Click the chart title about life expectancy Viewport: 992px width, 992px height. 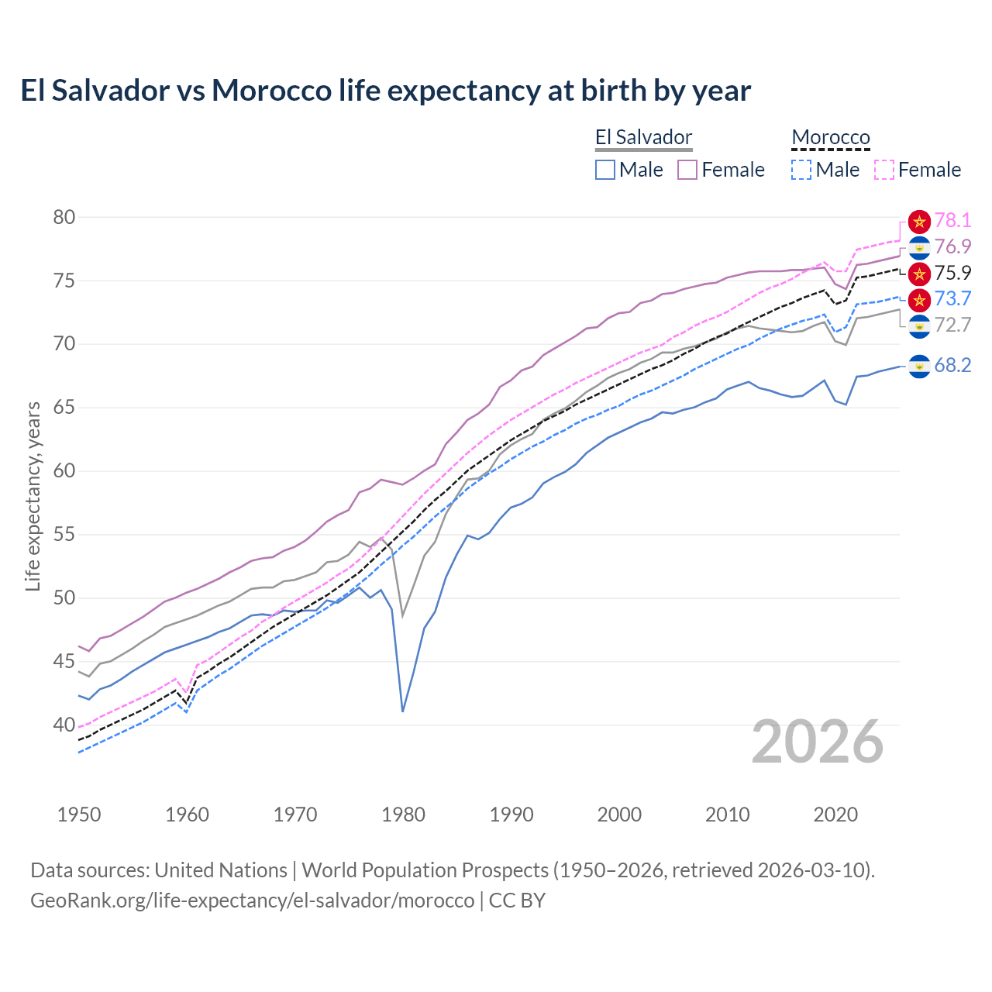coord(385,91)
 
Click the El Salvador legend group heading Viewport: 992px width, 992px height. coord(643,138)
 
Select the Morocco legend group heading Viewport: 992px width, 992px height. coord(831,138)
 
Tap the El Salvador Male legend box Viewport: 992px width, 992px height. coord(605,170)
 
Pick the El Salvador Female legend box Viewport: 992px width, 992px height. coord(687,170)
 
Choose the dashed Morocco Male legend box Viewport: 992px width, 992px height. coord(801,170)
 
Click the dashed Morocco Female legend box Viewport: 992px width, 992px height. coord(884,170)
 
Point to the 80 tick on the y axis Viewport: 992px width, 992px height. coord(64,218)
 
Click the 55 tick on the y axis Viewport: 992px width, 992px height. coord(64,535)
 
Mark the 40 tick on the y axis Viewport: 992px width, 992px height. coord(64,725)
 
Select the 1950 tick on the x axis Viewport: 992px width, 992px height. coord(79,815)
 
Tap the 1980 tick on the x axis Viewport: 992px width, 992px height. coord(403,815)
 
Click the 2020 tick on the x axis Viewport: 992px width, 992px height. coord(835,815)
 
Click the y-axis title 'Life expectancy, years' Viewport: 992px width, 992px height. coord(33,496)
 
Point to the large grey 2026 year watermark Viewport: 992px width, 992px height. coord(818,742)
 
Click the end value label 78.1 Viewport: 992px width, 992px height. coord(952,221)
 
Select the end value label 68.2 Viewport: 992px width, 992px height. coord(952,365)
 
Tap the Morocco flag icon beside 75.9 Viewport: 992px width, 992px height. coord(919,274)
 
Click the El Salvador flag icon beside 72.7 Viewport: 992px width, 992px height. coord(919,326)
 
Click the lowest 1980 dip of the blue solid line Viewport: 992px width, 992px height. coord(403,711)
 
